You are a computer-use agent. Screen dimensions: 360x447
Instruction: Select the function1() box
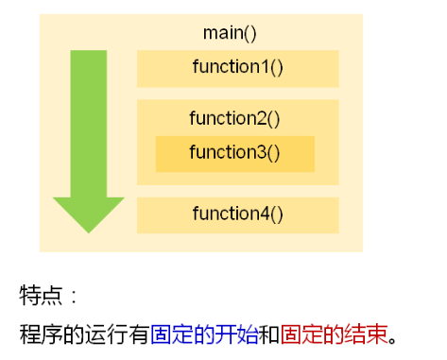tap(237, 68)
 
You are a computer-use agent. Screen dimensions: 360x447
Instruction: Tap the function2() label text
tap(234, 118)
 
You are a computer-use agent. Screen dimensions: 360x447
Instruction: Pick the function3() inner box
tap(234, 152)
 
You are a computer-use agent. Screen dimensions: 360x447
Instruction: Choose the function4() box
tap(237, 214)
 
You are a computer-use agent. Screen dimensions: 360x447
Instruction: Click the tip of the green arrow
tap(89, 230)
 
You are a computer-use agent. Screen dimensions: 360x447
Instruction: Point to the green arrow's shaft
tap(89, 123)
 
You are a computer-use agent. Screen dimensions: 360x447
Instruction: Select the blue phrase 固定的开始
tap(203, 334)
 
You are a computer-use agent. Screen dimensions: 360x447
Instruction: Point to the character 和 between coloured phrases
tap(268, 334)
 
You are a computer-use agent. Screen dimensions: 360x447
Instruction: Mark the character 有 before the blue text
tap(138, 334)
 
